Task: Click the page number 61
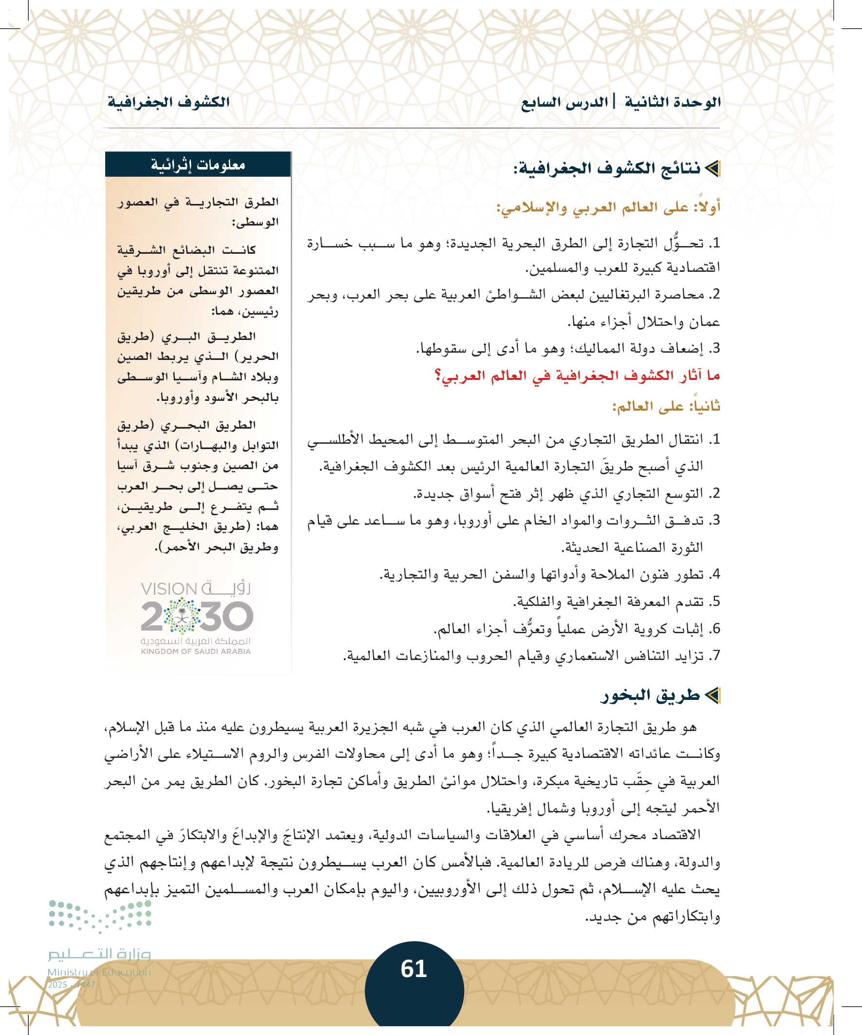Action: coord(413,969)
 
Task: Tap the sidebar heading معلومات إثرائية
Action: coord(198,165)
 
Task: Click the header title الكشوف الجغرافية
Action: coord(169,102)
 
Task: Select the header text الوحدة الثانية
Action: coord(672,102)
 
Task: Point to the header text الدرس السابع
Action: coord(564,102)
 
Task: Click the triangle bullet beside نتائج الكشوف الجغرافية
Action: coord(712,169)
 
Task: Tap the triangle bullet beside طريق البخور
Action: coord(712,696)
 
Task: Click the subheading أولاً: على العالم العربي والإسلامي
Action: coord(608,207)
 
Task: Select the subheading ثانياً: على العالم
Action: coord(666,406)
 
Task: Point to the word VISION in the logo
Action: coord(169,589)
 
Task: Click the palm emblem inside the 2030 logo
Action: coord(182,615)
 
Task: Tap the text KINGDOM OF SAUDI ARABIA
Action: coord(196,652)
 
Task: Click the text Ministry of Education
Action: coord(99,972)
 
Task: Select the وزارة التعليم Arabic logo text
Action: coord(99,954)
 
